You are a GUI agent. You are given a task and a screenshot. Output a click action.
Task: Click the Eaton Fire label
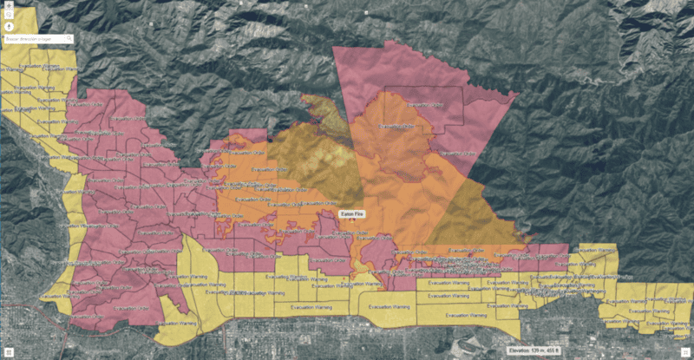[352, 212]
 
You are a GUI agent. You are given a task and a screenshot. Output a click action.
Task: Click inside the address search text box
[35, 39]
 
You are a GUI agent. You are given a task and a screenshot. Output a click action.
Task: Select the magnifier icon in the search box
[69, 39]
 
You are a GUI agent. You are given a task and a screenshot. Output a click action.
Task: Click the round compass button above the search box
[8, 26]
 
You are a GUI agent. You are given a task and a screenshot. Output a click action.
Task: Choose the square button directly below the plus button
[8, 15]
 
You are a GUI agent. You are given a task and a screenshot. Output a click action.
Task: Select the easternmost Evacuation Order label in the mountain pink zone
[460, 154]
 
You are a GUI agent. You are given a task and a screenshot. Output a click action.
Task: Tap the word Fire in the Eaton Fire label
[361, 212]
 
